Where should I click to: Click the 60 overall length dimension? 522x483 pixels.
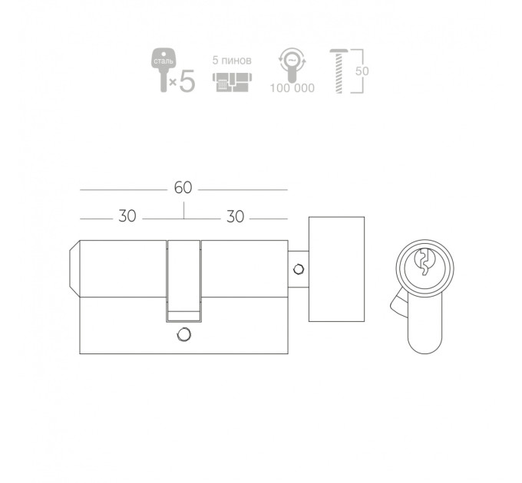(x=183, y=188)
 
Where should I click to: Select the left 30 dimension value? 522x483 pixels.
(x=127, y=216)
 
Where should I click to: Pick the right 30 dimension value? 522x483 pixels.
(x=236, y=217)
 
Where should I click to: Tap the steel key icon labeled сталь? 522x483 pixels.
(x=163, y=70)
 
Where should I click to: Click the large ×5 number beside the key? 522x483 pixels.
(x=183, y=80)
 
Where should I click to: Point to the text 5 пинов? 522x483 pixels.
(x=232, y=61)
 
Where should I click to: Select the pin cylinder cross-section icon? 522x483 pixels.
(x=232, y=82)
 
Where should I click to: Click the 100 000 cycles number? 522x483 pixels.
(x=292, y=88)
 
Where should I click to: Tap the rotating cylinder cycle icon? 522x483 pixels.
(x=292, y=65)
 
